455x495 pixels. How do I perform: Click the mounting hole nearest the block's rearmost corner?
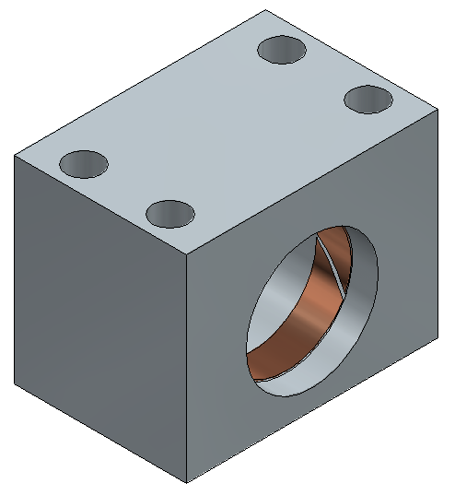(284, 49)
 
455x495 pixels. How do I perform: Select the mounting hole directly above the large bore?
(368, 97)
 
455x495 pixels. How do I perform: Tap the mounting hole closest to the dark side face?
(84, 164)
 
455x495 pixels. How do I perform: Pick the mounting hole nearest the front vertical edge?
(171, 214)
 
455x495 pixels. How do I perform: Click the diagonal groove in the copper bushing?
(331, 263)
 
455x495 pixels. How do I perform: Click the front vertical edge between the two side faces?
(187, 369)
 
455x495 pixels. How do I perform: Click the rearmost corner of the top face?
(266, 10)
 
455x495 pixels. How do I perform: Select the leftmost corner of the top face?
(14, 155)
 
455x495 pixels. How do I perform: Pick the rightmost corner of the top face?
(438, 110)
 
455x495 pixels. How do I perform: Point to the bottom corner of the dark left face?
(14, 383)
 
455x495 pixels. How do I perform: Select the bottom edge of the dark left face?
(100, 432)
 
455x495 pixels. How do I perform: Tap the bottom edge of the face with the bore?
(313, 410)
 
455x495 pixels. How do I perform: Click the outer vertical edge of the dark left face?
(14, 267)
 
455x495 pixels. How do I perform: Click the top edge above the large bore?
(313, 182)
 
